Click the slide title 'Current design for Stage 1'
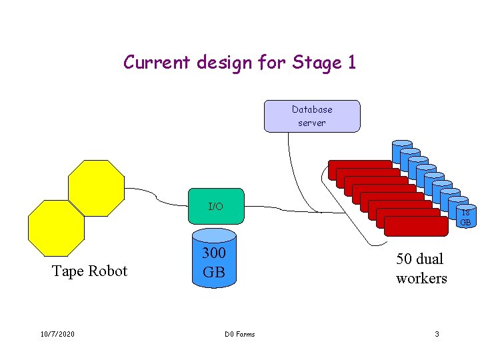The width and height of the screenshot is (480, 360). click(239, 63)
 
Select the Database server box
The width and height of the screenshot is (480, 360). click(312, 116)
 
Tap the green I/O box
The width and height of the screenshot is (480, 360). click(215, 207)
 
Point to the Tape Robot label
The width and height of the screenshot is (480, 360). click(89, 271)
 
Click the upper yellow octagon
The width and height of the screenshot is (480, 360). click(97, 188)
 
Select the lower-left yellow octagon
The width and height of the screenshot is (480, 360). click(56, 228)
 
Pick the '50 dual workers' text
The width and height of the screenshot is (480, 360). click(421, 268)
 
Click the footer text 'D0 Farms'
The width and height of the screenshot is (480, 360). click(239, 334)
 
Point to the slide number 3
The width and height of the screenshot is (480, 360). click(437, 334)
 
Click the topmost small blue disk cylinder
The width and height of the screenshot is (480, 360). click(402, 150)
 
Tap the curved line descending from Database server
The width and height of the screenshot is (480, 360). click(293, 173)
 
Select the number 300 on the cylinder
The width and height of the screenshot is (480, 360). click(214, 253)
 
